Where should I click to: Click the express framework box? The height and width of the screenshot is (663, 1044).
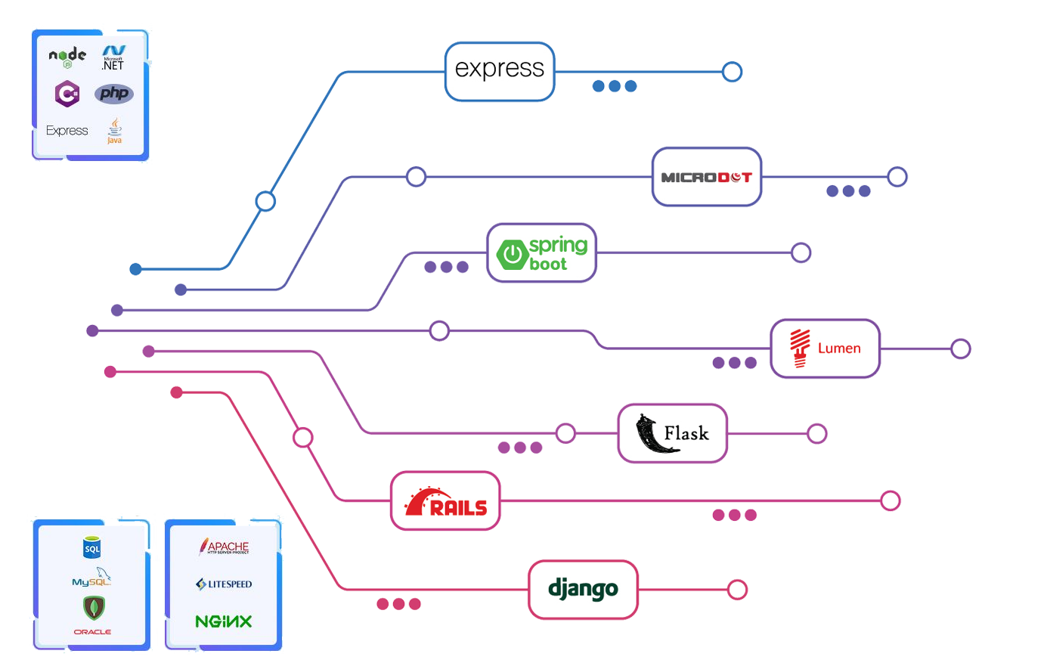[x=500, y=71]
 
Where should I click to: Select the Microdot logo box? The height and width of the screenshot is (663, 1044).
[x=706, y=177]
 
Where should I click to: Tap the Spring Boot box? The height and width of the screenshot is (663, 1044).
[x=541, y=253]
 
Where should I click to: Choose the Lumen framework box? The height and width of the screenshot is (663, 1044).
[x=825, y=349]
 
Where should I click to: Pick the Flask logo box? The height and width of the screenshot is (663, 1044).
[x=672, y=433]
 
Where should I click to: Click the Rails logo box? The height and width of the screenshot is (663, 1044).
[x=445, y=502]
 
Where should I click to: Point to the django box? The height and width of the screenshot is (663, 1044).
[x=582, y=590]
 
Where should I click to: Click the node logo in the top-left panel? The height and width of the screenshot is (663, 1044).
[x=67, y=57]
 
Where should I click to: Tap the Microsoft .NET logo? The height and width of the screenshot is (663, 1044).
[x=113, y=58]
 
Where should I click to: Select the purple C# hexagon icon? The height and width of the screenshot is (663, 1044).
[x=67, y=94]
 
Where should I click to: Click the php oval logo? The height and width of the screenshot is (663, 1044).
[x=114, y=94]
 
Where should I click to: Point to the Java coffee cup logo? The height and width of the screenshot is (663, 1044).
[x=114, y=130]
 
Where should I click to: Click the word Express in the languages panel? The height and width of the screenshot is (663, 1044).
[x=67, y=131]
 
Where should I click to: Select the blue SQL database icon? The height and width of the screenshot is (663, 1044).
[x=92, y=548]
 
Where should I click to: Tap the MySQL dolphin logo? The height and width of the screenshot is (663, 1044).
[x=92, y=579]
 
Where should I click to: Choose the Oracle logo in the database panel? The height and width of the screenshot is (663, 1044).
[x=92, y=631]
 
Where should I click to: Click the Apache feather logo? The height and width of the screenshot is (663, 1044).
[x=224, y=547]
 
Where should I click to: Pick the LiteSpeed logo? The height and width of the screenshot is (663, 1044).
[x=224, y=584]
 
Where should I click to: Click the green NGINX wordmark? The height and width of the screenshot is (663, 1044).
[x=224, y=621]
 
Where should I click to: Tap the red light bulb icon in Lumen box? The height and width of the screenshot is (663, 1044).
[x=800, y=348]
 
